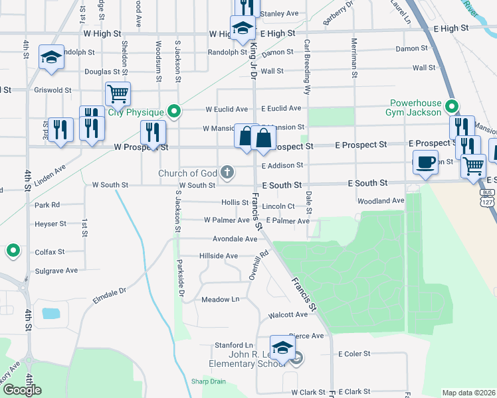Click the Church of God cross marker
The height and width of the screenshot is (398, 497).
[x=227, y=173]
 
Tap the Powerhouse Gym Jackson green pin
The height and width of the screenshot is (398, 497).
[x=452, y=106]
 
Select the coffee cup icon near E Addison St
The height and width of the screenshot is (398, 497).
[x=425, y=162]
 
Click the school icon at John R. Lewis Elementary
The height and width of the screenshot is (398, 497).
[x=282, y=348]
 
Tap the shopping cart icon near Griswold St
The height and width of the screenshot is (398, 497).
[x=118, y=94]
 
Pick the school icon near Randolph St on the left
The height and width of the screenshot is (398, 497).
[x=50, y=58]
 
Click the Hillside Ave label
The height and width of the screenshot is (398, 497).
[x=219, y=256]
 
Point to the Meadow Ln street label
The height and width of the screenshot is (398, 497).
[x=221, y=300]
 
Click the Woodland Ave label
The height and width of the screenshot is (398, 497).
[x=381, y=200]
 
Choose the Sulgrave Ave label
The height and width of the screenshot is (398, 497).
[x=56, y=271]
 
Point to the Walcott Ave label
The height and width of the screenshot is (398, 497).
[x=288, y=315]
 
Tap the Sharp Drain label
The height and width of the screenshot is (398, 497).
[x=209, y=381]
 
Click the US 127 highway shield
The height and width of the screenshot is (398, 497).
[x=490, y=203]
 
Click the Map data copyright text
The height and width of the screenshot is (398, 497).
[x=469, y=393]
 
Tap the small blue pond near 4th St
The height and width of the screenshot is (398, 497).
[x=51, y=313]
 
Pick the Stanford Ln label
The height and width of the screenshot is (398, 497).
[x=234, y=346]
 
